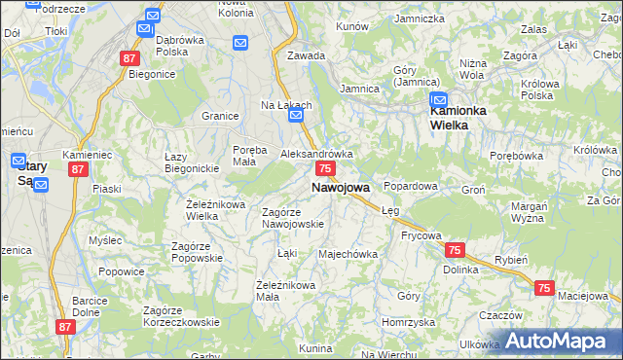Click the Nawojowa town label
click(340, 187)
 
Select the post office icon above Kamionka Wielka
click(438, 100)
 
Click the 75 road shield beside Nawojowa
click(326, 169)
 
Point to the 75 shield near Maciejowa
click(543, 288)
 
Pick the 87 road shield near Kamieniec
click(79, 169)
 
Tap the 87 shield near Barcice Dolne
click(65, 328)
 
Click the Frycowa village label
click(421, 235)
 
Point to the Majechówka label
click(348, 255)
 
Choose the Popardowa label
click(411, 185)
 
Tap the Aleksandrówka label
click(316, 154)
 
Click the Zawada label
click(306, 55)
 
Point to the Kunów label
click(352, 26)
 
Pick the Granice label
click(221, 117)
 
